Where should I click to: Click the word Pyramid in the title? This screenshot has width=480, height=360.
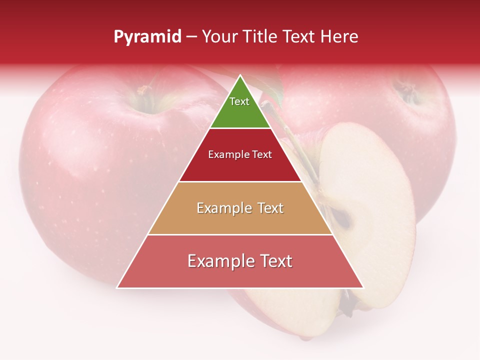(147, 37)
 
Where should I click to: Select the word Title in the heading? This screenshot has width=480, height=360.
(262, 37)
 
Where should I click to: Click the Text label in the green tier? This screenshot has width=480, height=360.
(239, 101)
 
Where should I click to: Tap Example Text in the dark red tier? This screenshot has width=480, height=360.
(240, 155)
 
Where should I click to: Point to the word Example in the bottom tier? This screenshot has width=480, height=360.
(214, 261)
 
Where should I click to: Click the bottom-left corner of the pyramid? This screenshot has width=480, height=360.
(117, 287)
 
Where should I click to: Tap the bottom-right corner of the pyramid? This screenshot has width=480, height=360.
(363, 287)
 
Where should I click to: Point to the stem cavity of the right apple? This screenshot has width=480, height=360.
(407, 90)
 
